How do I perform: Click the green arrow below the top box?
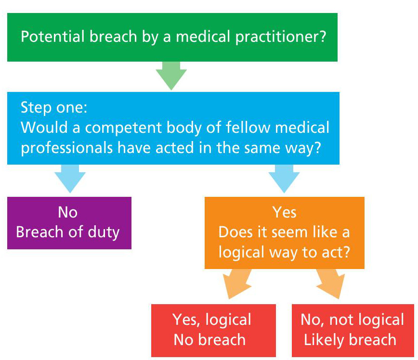[171, 76]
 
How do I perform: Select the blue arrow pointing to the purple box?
[70, 178]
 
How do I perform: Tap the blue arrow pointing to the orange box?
[284, 178]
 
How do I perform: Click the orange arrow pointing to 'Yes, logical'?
[237, 283]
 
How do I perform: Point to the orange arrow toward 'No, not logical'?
[330, 283]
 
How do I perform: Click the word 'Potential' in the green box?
[53, 37]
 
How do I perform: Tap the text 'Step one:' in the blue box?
[54, 107]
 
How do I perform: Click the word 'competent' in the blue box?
[123, 128]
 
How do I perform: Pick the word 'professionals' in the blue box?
[66, 148]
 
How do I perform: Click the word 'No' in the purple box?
[68, 212]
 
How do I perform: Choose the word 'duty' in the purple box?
[104, 232]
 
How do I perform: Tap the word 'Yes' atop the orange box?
[284, 212]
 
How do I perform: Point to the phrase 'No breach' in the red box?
[209, 340]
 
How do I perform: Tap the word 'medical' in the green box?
[203, 37]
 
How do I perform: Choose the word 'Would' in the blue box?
[44, 128]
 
